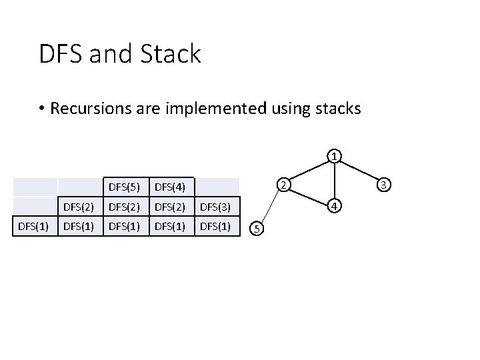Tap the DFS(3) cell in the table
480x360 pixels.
216,207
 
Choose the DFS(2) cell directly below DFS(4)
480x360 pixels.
171,207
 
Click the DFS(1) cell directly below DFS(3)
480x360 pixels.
216,227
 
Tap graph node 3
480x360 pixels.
384,184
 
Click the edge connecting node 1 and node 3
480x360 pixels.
359,171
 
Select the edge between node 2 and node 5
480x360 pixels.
271,207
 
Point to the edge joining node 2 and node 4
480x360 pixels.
309,194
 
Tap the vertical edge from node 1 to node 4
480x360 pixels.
335,181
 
